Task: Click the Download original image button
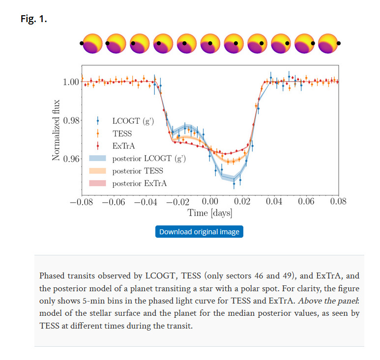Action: tap(199, 232)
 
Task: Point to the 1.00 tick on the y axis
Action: tap(71, 82)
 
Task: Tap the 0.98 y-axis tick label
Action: tap(71, 120)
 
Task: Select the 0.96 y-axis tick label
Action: tap(71, 159)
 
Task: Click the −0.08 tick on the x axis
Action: tap(82, 201)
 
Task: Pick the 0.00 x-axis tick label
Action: tap(210, 201)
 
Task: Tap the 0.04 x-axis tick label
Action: tap(274, 201)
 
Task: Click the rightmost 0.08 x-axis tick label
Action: tap(338, 201)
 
